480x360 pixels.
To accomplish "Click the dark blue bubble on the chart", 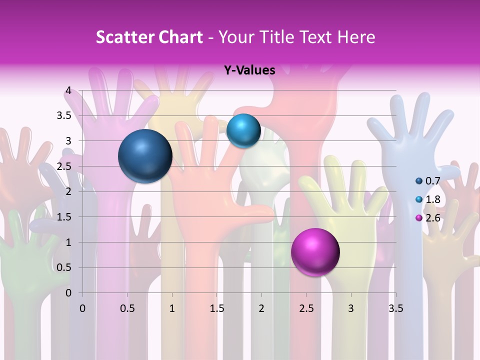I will click(145, 156).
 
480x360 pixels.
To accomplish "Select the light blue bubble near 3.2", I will click(243, 130).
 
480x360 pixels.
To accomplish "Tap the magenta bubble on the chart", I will click(315, 252).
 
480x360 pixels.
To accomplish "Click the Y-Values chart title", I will click(249, 70).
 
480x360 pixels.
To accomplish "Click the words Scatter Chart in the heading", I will click(149, 37).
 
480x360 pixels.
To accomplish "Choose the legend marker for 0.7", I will click(419, 181).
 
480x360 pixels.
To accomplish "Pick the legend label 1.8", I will click(433, 199).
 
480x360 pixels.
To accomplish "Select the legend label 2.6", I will click(433, 217).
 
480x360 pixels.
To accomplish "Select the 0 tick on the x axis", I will click(82, 308).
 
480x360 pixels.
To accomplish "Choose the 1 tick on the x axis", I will click(172, 308).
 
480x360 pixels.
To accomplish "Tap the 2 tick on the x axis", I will click(261, 308).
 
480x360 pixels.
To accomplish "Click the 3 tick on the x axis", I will click(351, 308).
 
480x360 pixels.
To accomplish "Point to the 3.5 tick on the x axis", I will click(395, 308).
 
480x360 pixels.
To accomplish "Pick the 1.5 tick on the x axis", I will click(216, 308).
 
